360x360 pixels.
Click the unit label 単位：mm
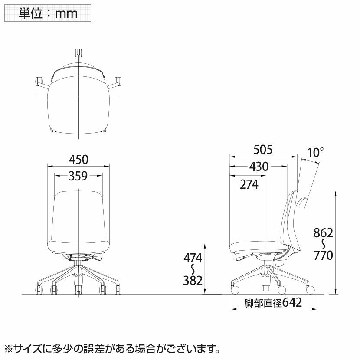point(48,13)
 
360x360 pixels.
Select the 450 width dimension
point(79,160)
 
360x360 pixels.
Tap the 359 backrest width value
point(79,176)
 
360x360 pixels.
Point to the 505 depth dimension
point(263,150)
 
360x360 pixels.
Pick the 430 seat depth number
point(259,167)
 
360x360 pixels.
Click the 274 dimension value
point(249,184)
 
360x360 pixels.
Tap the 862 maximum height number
point(323,233)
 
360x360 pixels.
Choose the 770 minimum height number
point(323,255)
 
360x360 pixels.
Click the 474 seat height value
point(193,259)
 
